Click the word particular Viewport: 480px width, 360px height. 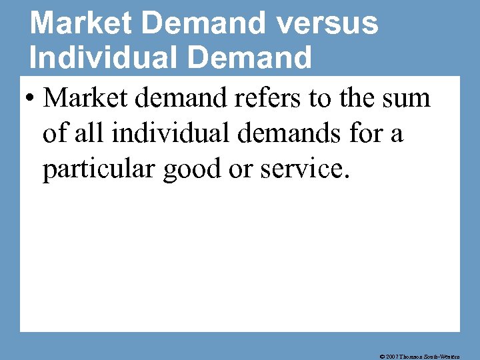[94, 169]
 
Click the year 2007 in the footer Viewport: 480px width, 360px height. [391, 356]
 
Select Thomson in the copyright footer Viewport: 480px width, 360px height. [412, 356]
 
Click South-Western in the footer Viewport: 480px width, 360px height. [449, 356]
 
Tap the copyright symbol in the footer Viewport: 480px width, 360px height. [381, 356]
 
